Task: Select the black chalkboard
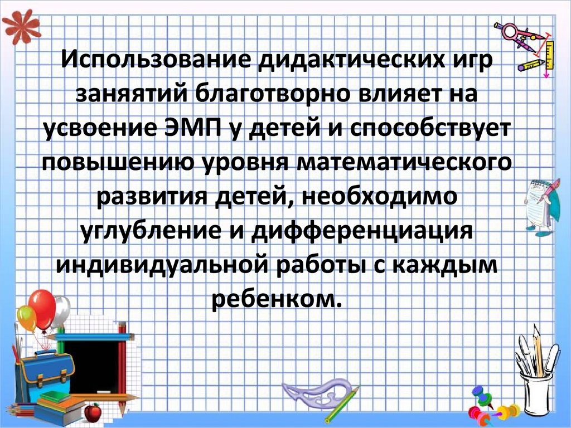91,365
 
